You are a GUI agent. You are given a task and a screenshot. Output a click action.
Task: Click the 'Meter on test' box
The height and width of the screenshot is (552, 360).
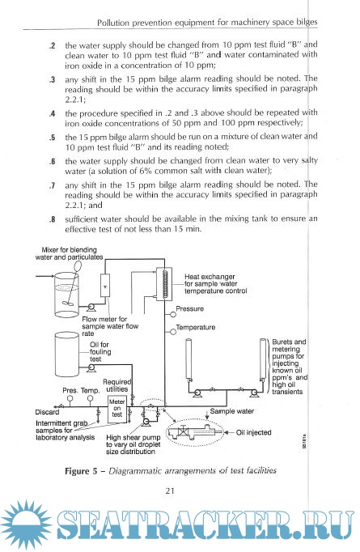coord(116,409)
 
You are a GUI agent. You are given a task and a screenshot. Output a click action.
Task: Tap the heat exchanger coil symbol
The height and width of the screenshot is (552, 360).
coord(165,283)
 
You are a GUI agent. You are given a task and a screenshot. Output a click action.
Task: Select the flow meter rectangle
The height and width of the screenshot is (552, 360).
coord(105,285)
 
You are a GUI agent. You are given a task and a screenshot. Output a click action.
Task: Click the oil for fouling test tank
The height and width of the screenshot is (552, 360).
coord(67,355)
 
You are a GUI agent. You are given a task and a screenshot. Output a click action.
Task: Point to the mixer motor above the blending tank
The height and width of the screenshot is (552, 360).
coord(78,265)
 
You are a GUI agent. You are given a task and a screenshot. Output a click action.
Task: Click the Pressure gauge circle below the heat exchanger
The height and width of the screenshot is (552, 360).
coord(173,313)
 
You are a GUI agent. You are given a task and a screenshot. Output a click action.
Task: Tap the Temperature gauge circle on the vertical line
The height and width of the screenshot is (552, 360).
coord(173,332)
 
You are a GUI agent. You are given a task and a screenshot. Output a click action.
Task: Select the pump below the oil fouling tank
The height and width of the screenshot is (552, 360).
coord(91,368)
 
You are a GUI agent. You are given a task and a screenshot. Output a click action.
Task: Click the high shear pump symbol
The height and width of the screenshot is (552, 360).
coord(146,422)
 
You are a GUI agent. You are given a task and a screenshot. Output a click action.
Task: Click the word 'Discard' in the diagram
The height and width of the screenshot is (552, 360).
coord(47,412)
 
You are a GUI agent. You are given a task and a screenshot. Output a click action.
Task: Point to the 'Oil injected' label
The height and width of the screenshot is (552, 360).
coord(253,432)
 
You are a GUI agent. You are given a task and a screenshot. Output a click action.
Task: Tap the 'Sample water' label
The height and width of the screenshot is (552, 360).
coord(231,411)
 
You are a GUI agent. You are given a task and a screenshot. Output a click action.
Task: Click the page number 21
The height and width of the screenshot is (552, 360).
coord(170,490)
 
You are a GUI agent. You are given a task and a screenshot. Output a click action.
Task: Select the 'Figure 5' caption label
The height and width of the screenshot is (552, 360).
coord(81,471)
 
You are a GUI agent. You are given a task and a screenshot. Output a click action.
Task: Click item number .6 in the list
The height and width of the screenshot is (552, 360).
coord(52,162)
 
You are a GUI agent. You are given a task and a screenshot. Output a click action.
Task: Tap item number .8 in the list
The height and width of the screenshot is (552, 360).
coord(52,219)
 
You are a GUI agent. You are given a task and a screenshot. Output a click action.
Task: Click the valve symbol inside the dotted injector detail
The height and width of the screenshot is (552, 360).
coord(183,432)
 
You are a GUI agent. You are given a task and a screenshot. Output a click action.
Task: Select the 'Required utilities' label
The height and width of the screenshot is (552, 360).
coord(117,385)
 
